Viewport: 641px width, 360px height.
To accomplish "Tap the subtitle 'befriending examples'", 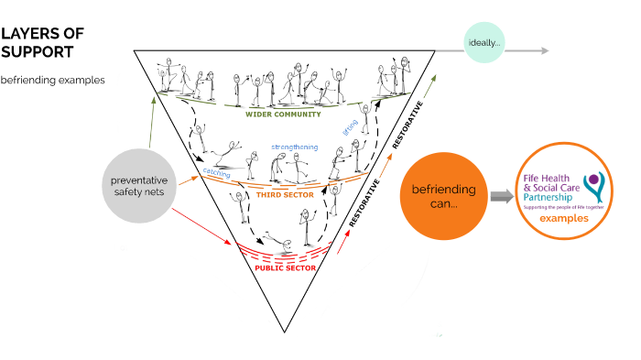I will point(52,80).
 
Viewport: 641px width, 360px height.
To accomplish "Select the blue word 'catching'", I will point(216,172).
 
